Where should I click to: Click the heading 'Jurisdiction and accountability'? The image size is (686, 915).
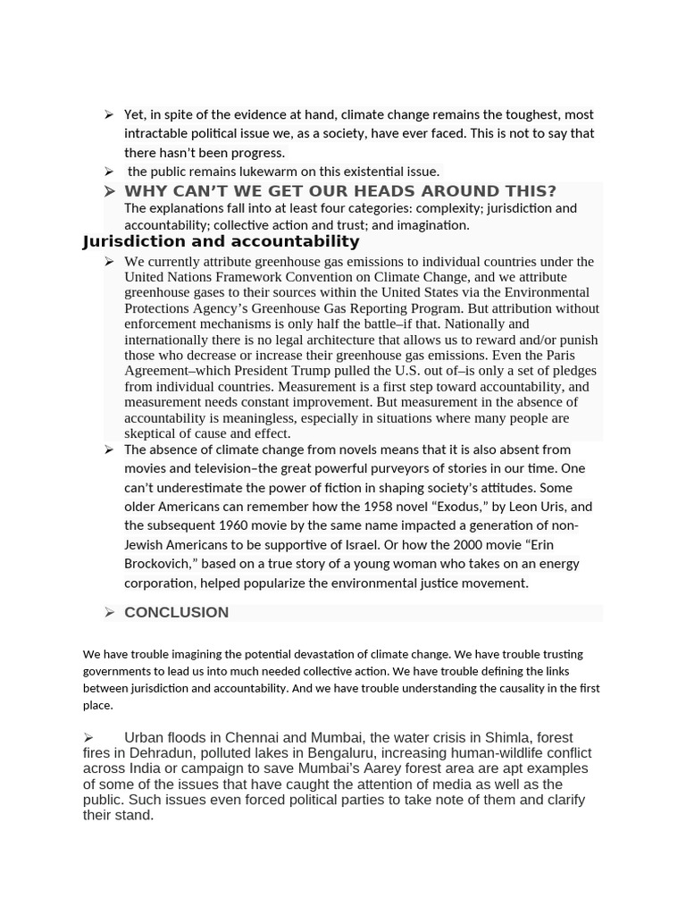[221, 241]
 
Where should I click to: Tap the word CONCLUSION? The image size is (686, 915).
[176, 612]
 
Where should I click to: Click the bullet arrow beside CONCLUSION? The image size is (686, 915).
[109, 612]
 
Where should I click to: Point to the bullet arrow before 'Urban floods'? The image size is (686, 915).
[88, 738]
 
